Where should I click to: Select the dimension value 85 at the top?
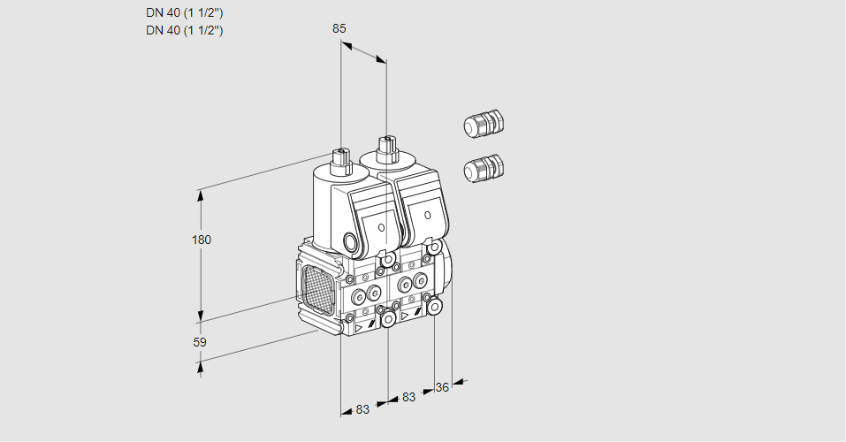[x=339, y=28]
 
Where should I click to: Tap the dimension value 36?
[x=443, y=386]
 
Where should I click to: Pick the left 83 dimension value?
[x=362, y=408]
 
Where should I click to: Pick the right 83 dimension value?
[x=408, y=397]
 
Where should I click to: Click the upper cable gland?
[x=483, y=124]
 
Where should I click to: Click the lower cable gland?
[x=483, y=167]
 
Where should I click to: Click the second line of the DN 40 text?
[x=185, y=31]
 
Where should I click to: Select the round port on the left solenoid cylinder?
[x=351, y=241]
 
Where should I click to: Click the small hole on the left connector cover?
[x=382, y=227]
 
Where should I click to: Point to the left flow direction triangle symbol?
[x=360, y=327]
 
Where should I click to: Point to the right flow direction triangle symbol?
[x=406, y=315]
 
